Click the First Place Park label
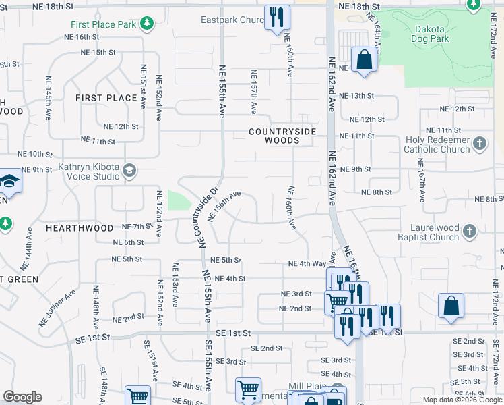[103, 25]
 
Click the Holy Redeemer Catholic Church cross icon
[480, 143]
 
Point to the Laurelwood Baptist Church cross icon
[470, 232]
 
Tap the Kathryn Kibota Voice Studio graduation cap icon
[129, 171]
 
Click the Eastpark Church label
[232, 20]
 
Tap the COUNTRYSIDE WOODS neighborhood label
[274, 136]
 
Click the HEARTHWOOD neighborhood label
[80, 229]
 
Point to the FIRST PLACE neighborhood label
[106, 98]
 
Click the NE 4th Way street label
[307, 264]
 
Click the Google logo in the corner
[22, 397]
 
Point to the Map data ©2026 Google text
[462, 400]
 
